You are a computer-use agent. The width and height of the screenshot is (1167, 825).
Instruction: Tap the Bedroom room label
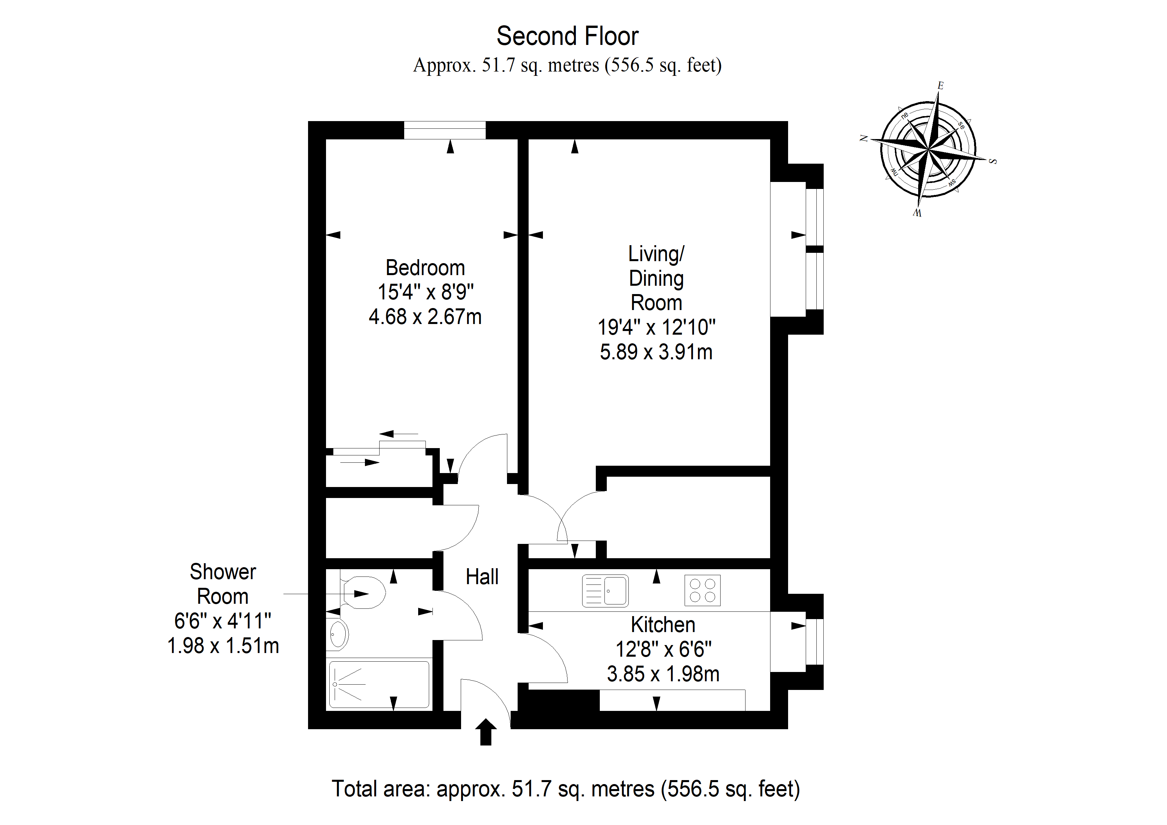pyautogui.click(x=425, y=268)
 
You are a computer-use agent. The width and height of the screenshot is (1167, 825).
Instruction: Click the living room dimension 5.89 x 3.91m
pyautogui.click(x=656, y=352)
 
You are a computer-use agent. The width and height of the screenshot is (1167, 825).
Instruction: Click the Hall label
pyautogui.click(x=482, y=577)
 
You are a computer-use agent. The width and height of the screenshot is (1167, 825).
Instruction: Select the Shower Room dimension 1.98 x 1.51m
pyautogui.click(x=223, y=646)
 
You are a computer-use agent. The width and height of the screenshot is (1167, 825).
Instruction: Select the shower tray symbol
pyautogui.click(x=379, y=684)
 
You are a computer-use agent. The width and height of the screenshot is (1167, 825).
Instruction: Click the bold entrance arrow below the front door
pyautogui.click(x=486, y=732)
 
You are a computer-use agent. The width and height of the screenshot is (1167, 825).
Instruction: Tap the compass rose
pyautogui.click(x=928, y=149)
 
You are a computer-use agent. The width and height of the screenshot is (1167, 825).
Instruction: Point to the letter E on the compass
pyautogui.click(x=940, y=85)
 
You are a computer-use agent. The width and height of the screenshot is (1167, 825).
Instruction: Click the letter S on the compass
pyautogui.click(x=993, y=162)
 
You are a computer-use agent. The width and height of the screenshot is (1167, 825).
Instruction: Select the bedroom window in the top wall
pyautogui.click(x=445, y=130)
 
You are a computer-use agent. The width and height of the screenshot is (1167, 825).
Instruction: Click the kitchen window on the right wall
pyautogui.click(x=814, y=641)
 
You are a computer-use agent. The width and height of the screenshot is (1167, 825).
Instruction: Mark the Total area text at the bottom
pyautogui.click(x=566, y=789)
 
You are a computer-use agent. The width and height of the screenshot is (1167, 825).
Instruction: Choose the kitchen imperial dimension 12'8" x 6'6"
pyautogui.click(x=663, y=649)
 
